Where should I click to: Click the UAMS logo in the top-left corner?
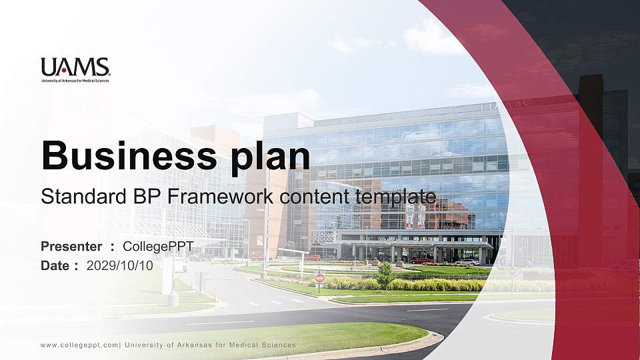[75, 67]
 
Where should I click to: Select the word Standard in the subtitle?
[75, 197]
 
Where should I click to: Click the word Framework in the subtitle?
[211, 197]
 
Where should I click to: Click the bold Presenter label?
[71, 247]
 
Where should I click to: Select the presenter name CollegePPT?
[158, 247]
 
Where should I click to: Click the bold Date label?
[55, 265]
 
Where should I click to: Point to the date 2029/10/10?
[120, 265]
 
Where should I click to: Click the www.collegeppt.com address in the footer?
[79, 345]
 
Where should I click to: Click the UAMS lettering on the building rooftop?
[505, 105]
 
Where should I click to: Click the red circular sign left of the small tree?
[319, 277]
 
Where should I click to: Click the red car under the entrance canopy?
[421, 261]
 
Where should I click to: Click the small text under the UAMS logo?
[75, 81]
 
